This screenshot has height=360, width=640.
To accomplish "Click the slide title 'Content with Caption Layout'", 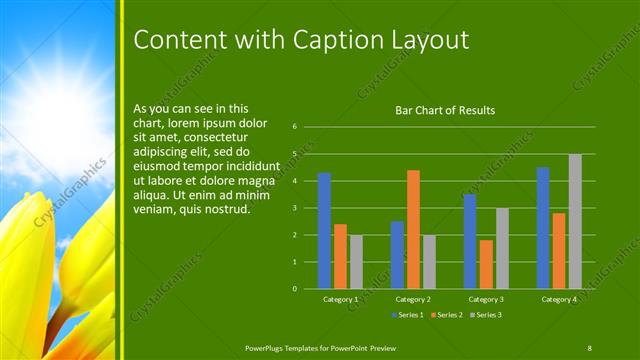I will [301, 39].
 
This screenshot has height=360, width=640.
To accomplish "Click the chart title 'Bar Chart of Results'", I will [445, 110].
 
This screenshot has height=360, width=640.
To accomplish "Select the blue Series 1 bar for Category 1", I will [324, 230].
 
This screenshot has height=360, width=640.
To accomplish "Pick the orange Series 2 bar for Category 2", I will [413, 229].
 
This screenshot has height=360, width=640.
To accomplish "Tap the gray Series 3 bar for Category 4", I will [575, 221].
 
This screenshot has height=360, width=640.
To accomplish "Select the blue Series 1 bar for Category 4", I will [543, 227].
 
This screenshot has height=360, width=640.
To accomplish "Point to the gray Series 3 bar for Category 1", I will [356, 261].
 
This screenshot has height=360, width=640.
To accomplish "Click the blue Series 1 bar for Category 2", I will [397, 254].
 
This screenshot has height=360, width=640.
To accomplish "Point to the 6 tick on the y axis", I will [295, 127].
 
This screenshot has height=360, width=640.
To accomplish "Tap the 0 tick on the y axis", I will [295, 288].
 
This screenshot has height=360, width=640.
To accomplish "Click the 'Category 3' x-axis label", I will [486, 299].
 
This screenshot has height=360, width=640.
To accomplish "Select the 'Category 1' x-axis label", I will [340, 299].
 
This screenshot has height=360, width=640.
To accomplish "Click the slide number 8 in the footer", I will [590, 347].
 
